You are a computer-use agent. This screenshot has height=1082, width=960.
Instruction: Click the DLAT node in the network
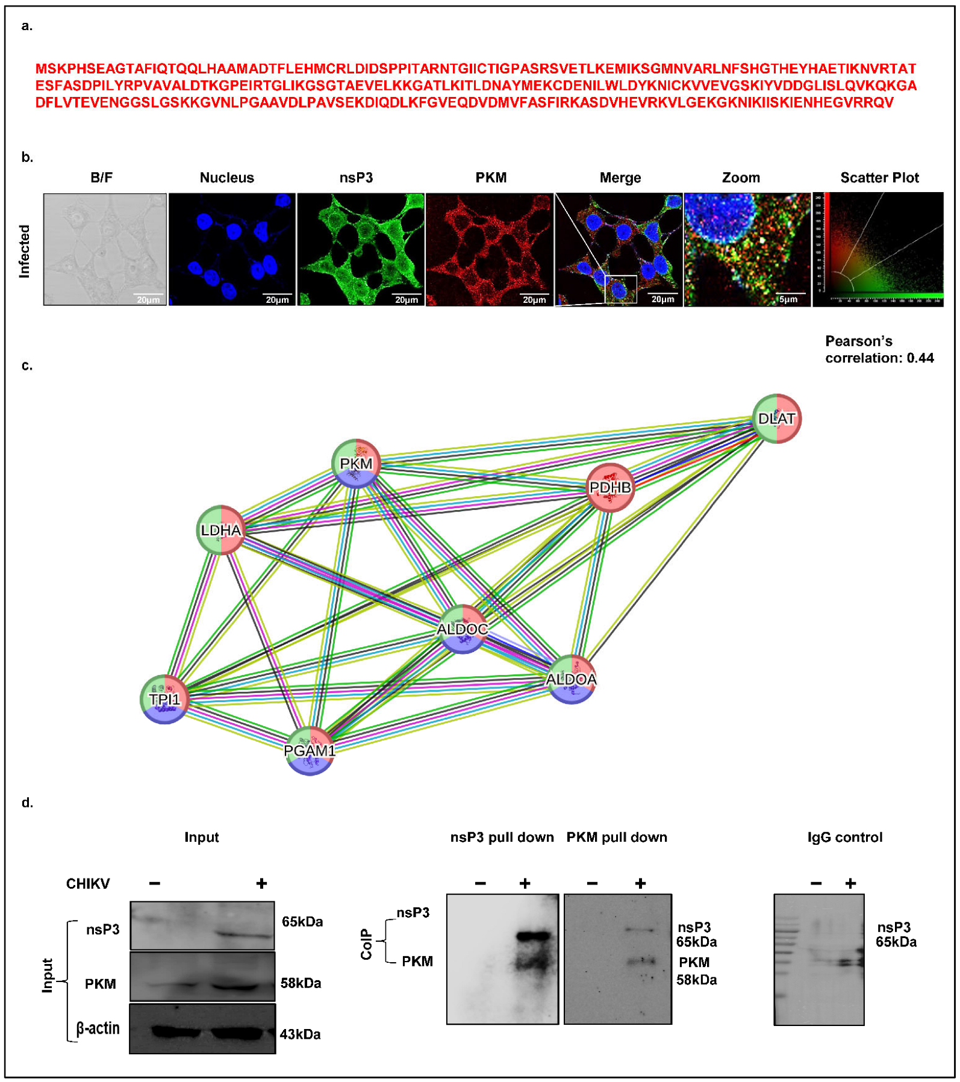[x=776, y=418]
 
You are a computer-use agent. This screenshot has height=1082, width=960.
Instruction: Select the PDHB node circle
[x=610, y=487]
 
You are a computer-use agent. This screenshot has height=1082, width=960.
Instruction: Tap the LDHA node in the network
[x=221, y=530]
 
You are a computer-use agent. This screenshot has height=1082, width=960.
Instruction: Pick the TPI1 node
[x=164, y=699]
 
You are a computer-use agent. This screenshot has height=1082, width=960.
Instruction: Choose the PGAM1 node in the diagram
[x=310, y=750]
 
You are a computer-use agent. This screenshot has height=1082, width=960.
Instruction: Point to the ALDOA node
[x=571, y=679]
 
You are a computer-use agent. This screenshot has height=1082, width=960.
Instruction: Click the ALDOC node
[x=462, y=629]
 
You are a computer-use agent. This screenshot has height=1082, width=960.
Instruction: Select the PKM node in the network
[x=356, y=464]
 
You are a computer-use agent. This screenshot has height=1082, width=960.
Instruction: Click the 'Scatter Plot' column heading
[x=879, y=178]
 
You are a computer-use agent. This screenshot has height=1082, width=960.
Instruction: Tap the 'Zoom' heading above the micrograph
[x=741, y=178]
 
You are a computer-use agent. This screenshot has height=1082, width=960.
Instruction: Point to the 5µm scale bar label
[x=788, y=299]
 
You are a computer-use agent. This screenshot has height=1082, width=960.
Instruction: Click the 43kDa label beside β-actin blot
[x=300, y=1034]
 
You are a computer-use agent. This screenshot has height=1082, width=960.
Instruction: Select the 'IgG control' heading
[x=845, y=837]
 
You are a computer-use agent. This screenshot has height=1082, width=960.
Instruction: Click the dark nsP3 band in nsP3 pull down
[x=534, y=936]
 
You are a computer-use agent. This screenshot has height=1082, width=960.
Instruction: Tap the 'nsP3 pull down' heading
[x=502, y=837]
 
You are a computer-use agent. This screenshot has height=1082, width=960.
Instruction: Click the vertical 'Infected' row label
[x=25, y=251]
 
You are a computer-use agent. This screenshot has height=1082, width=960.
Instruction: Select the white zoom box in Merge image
[x=620, y=289]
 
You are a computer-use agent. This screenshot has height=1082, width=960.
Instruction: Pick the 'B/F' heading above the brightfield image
[x=101, y=178]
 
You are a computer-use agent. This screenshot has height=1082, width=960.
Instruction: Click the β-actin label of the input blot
[x=98, y=1028]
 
